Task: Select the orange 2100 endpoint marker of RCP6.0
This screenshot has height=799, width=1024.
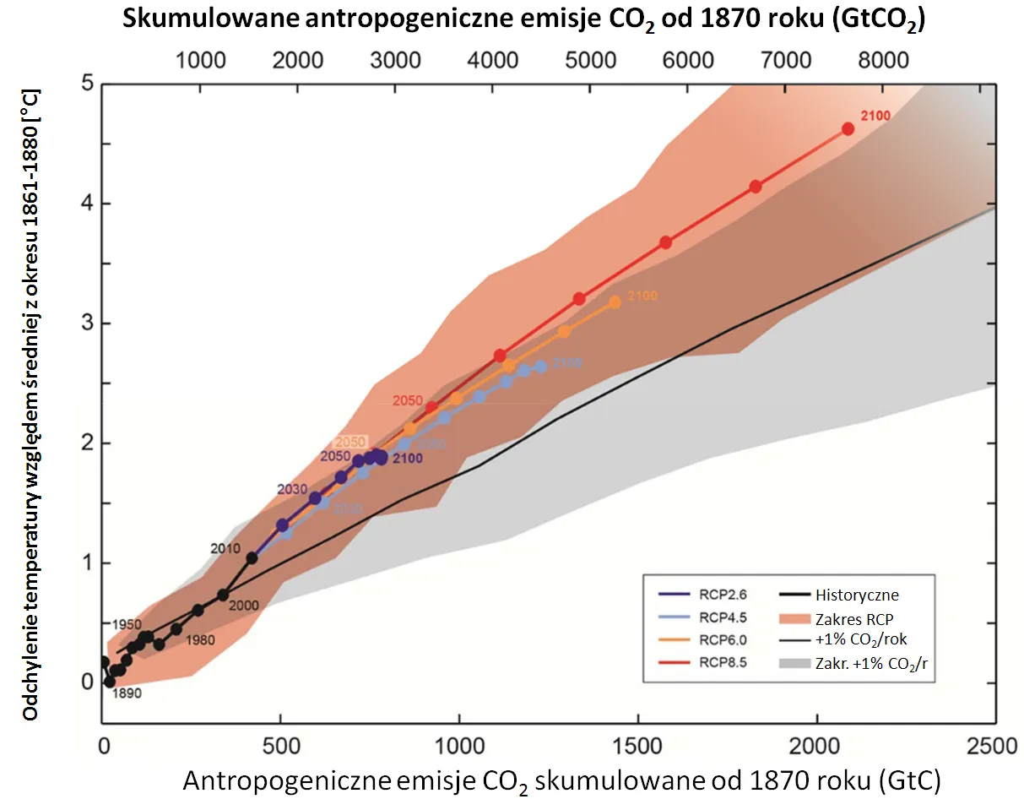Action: point(615,302)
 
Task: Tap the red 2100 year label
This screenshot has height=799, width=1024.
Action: point(875,116)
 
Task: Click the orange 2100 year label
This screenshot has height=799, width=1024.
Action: point(642,296)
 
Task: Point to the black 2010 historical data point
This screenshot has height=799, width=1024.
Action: point(252,557)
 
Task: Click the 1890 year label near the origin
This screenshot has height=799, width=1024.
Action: point(126,693)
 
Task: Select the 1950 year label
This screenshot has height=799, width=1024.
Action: point(126,624)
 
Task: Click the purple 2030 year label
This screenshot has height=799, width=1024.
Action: point(292,490)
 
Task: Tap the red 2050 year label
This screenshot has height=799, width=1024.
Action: point(409,399)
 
